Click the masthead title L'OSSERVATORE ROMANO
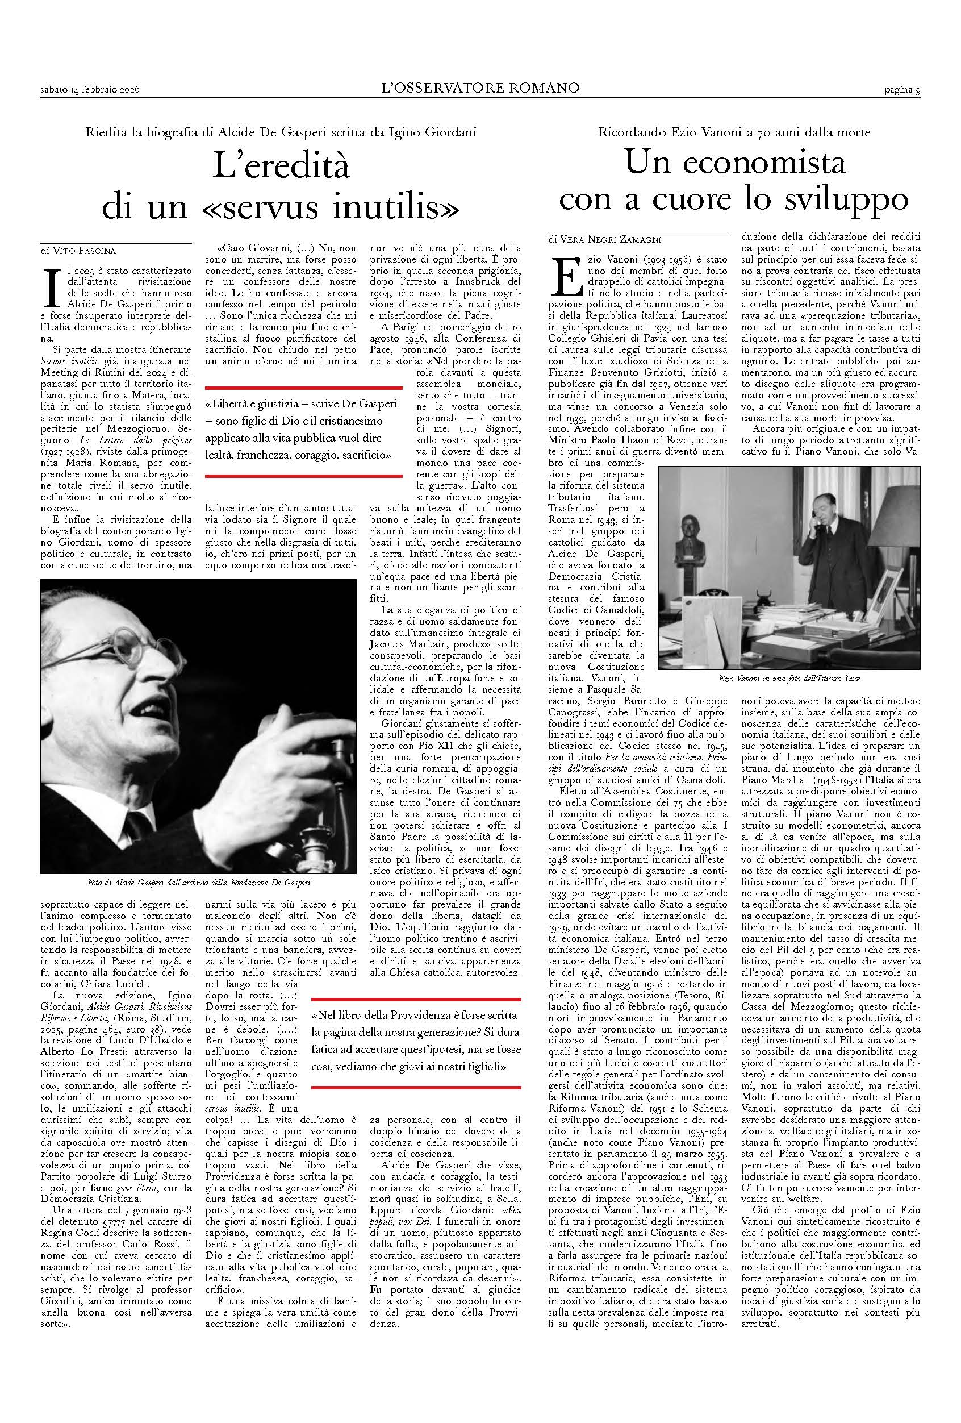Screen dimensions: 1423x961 coord(480,88)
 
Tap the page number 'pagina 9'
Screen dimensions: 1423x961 coord(901,90)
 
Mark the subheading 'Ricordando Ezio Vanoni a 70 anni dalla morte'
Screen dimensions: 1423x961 coord(733,132)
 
